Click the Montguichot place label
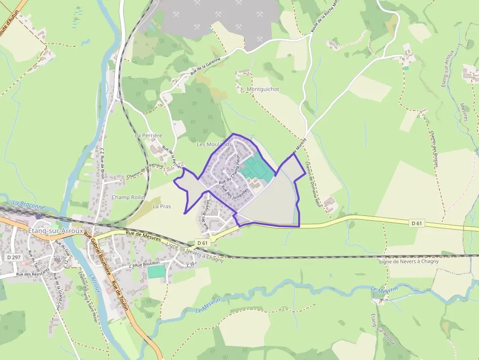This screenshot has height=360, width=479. click(262, 89)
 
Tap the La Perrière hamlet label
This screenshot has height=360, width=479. click(149, 135)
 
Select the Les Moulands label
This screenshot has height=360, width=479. click(214, 145)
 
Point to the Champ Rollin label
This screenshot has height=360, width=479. click(128, 197)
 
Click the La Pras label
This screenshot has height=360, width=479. click(162, 207)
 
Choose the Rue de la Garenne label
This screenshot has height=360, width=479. click(205, 66)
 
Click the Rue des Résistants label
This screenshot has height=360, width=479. click(33, 274)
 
